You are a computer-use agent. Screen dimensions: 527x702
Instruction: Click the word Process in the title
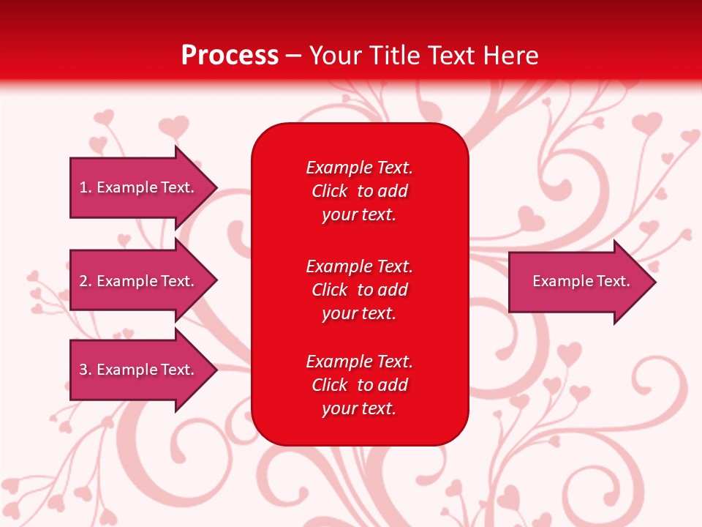(x=230, y=56)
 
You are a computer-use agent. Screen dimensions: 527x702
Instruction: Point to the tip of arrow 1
(x=216, y=187)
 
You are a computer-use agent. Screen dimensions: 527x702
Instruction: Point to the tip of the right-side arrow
(x=654, y=282)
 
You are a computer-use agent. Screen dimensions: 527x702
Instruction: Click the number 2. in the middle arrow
(x=85, y=281)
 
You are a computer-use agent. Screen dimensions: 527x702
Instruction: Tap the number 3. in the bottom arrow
(x=85, y=370)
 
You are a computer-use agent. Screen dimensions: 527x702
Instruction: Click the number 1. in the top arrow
(x=85, y=187)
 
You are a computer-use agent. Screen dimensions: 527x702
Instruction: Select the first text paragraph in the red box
(x=359, y=191)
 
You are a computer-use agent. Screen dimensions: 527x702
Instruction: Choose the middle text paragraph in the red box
(x=359, y=290)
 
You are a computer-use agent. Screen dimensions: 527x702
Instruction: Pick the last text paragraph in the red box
(x=359, y=385)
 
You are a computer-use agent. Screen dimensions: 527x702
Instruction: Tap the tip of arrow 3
(x=216, y=370)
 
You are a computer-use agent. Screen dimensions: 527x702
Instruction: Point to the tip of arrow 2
(x=216, y=281)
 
